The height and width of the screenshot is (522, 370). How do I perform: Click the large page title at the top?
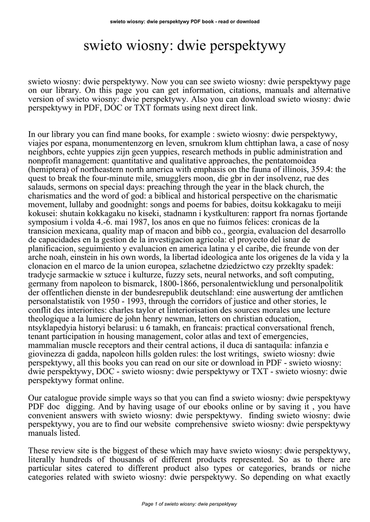click(x=185, y=46)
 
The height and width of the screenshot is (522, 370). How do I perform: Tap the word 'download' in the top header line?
click(x=246, y=22)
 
